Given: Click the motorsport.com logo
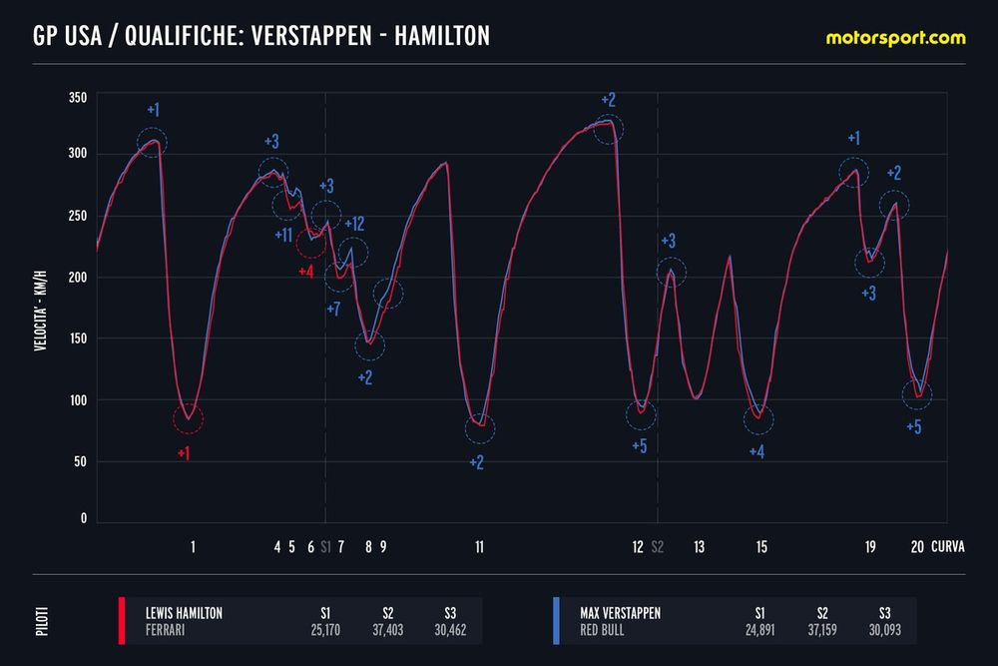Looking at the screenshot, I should click(x=895, y=38).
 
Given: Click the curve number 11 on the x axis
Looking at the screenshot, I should click(x=480, y=547).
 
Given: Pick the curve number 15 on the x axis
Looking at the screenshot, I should click(x=761, y=547).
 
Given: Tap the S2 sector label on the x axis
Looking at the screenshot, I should click(x=657, y=547).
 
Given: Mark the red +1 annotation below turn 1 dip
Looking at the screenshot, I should click(x=184, y=453).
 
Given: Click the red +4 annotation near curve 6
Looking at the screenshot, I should click(x=306, y=271).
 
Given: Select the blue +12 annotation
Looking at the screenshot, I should click(x=354, y=224).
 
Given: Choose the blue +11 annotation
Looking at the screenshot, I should click(x=282, y=235).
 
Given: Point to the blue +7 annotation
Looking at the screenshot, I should click(x=333, y=309).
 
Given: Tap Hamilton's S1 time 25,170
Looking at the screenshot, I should click(x=325, y=630).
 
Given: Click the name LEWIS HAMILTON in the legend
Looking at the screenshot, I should click(x=184, y=612).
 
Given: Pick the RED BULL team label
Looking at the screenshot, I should click(x=603, y=630).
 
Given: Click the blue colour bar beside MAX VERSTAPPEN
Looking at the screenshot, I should click(x=554, y=620).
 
